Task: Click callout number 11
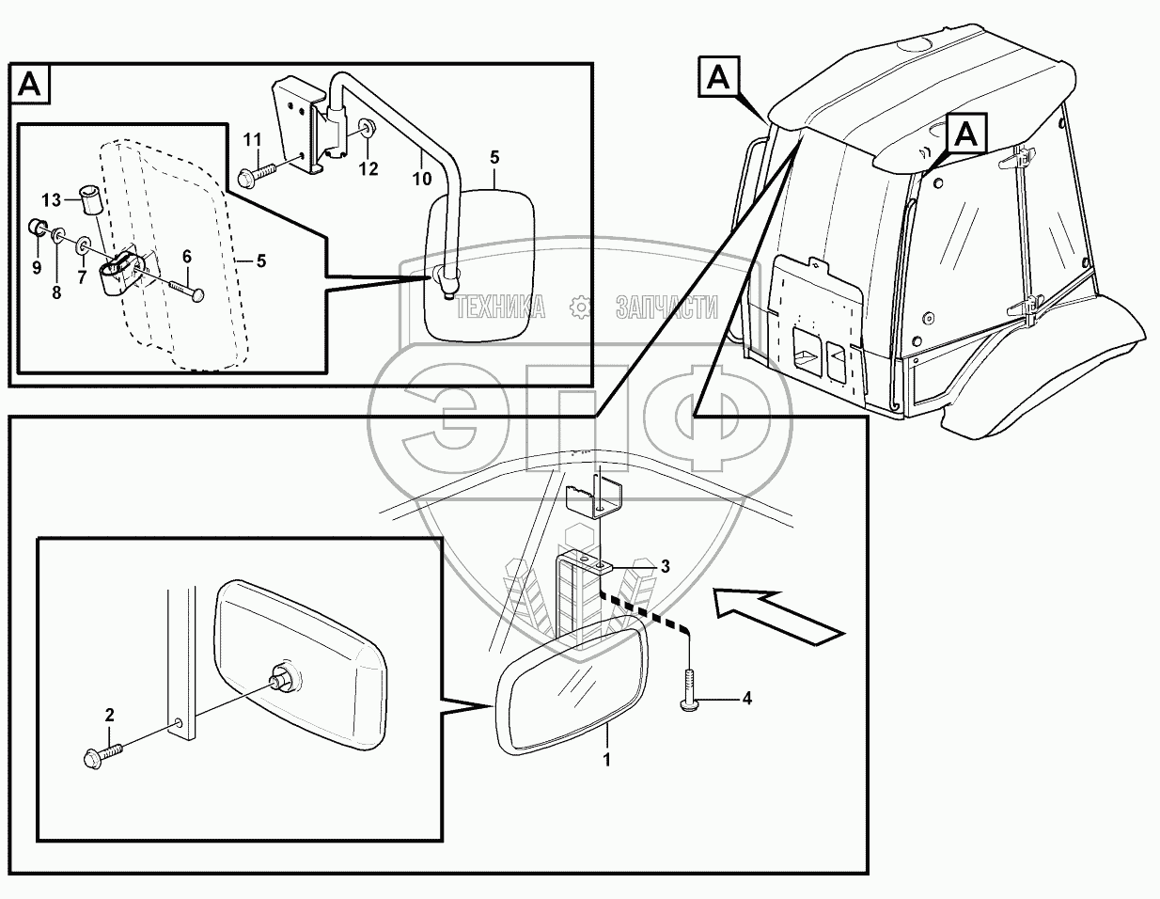point(251,140)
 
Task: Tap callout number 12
point(368,169)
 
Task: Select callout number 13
point(51,198)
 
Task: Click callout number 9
point(37,267)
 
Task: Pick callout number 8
point(56,292)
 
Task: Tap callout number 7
point(81,278)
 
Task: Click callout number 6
point(186,256)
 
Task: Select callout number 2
point(109,717)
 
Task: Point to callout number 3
point(665,566)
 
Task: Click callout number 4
point(746,698)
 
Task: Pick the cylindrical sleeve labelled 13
point(91,201)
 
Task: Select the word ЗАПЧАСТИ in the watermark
point(666,307)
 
